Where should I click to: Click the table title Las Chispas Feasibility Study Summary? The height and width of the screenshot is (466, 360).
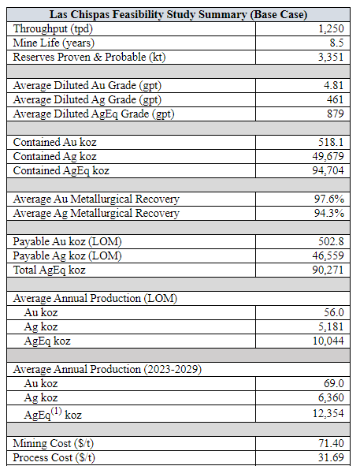coord(178,14)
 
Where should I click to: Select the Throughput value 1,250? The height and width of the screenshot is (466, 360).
coord(331,29)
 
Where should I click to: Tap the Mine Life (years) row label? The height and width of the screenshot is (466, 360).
coord(54,43)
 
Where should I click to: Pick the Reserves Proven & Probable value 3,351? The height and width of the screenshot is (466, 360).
coord(331,57)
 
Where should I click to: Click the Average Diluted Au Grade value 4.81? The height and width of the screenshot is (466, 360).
coord(333,85)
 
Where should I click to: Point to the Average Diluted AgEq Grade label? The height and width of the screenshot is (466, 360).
coord(94,114)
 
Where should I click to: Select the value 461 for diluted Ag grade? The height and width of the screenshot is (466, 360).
coord(336,99)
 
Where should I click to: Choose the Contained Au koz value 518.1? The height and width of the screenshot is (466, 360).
coord(331,142)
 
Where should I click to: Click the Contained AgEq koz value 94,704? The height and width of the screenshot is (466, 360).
coord(328,170)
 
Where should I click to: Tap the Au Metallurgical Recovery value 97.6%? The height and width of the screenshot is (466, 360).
coord(329,199)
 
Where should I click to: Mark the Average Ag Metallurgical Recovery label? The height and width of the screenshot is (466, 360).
coord(96,214)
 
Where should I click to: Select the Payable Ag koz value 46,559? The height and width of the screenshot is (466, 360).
coord(328,255)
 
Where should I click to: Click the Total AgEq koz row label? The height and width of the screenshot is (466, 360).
coord(50,270)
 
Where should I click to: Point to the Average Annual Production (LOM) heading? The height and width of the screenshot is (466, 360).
coord(95,298)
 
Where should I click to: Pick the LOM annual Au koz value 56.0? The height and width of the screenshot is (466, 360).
coord(334,312)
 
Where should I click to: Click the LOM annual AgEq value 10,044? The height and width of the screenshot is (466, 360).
coord(328,341)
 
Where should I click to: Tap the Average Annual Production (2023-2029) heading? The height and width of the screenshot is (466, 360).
coord(107,370)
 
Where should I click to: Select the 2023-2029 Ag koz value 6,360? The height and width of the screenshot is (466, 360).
coord(331,397)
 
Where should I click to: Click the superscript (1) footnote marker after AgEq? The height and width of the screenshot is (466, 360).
coord(56,412)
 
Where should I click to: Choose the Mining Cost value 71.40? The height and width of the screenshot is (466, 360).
coord(331,443)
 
